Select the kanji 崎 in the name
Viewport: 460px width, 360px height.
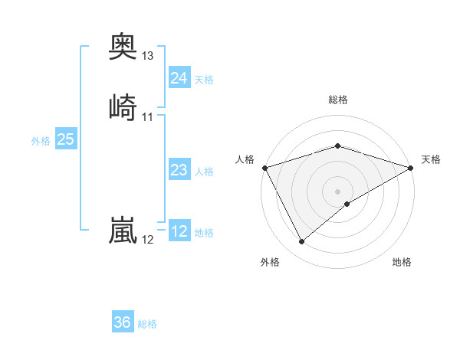123,106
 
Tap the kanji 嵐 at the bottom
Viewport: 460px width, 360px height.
123,230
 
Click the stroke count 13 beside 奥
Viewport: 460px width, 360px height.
148,56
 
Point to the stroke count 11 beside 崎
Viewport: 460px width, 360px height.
148,117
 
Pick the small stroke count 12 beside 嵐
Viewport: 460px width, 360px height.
148,240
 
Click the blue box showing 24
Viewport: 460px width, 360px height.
179,78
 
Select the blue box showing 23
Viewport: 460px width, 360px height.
179,171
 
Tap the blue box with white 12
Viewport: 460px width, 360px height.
179,231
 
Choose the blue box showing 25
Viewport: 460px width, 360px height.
66,139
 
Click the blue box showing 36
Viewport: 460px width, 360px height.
123,322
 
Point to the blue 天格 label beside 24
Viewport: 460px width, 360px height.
204,80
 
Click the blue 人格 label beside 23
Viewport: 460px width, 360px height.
204,172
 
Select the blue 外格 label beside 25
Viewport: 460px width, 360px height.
41,141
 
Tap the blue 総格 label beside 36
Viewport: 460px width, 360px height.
147,324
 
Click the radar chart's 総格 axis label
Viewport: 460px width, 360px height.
338,100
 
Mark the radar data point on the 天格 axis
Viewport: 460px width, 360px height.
412,168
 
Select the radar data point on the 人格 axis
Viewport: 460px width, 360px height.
264,168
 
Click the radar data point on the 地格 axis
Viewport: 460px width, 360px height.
348,204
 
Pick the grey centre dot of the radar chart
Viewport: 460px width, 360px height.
338,191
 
